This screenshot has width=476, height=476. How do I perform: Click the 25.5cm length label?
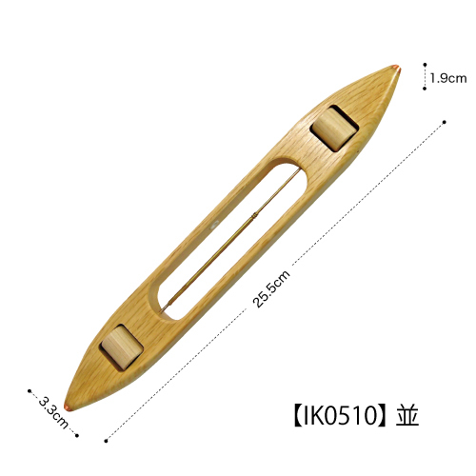(271, 288)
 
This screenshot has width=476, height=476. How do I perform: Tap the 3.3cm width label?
(53, 412)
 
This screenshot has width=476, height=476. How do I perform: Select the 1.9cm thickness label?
(448, 78)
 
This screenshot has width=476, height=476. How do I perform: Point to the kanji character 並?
(407, 416)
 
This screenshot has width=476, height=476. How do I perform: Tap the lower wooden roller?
(122, 347)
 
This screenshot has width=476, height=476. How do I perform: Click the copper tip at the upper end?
(396, 69)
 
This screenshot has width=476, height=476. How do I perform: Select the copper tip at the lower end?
(69, 407)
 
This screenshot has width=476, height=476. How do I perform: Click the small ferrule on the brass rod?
(254, 216)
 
